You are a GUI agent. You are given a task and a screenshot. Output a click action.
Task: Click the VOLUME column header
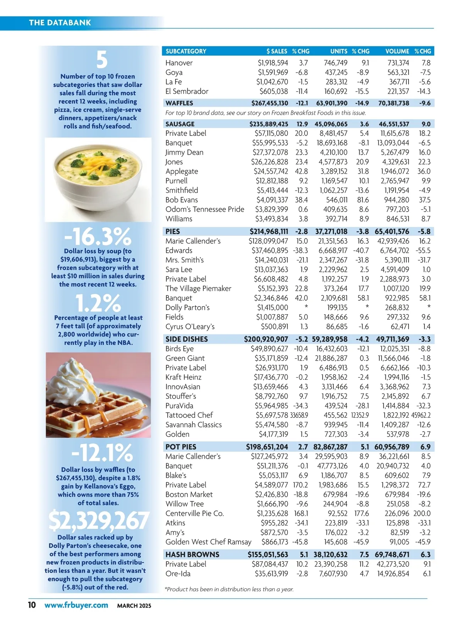coord(397,51)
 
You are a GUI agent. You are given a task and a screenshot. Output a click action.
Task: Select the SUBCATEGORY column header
coord(186,51)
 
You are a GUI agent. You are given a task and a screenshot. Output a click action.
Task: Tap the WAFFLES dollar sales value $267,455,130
coord(270,103)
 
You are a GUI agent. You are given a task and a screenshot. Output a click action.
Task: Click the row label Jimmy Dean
coord(184,152)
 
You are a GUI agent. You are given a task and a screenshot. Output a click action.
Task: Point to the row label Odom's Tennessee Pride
coord(205,209)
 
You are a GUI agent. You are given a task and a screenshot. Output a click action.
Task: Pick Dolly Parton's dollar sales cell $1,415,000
coord(272,307)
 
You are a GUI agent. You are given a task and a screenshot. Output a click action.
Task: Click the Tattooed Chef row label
coord(189,415)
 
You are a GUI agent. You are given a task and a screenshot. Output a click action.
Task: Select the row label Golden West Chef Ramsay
coord(208,542)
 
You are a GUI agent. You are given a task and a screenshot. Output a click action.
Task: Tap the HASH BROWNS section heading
coord(192,554)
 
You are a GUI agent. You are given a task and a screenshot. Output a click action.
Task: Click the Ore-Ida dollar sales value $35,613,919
coord(271,573)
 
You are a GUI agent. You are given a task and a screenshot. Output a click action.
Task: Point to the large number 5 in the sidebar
coord(101,60)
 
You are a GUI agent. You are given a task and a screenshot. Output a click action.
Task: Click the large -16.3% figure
coord(98,236)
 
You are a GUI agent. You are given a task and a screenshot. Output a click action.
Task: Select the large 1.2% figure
coord(98,303)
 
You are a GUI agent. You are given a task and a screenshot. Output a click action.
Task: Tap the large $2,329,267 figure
coord(98,521)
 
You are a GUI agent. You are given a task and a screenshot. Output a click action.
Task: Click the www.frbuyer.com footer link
coord(76,605)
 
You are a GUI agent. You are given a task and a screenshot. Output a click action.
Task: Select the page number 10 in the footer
coord(32,605)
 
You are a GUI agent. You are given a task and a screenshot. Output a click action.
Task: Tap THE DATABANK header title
coord(60,22)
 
